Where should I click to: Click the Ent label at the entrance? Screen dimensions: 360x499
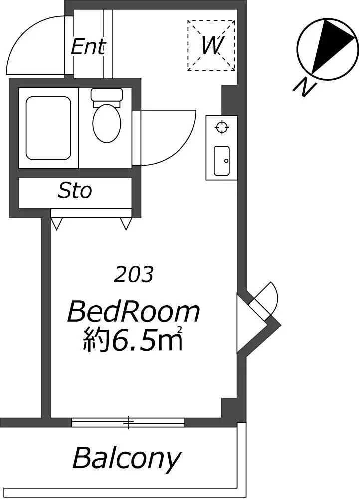[x=88, y=47]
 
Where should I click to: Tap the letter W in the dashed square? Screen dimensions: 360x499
[x=212, y=45]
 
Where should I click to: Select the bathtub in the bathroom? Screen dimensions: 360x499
[x=48, y=128]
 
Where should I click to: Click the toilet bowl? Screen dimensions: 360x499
[x=107, y=123]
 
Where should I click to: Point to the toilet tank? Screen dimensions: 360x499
[x=107, y=95]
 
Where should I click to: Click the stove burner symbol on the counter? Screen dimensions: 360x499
[x=222, y=127]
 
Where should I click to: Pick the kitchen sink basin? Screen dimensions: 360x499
[x=222, y=161]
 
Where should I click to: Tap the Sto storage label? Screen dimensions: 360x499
[x=75, y=191]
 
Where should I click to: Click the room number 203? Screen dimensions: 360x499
[x=134, y=274]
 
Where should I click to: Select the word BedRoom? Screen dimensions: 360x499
[x=134, y=312]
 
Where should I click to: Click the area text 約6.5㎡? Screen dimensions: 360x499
[x=133, y=339]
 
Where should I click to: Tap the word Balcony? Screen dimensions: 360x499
[x=127, y=459]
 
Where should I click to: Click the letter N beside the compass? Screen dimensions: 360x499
[x=304, y=86]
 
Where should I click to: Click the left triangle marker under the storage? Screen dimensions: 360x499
[x=56, y=223]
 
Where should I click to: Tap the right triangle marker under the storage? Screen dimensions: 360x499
[x=126, y=224]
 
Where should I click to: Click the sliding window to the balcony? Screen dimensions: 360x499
[x=128, y=422]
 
